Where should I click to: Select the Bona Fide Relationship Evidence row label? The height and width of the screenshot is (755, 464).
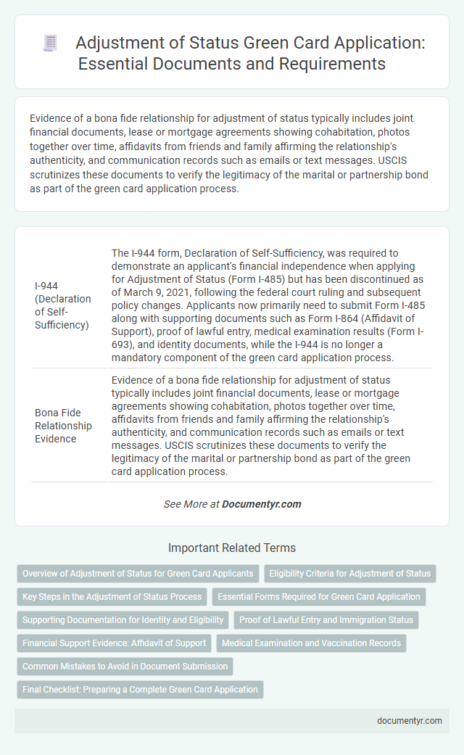click(x=63, y=426)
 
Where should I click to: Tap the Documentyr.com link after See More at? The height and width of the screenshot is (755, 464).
click(x=262, y=504)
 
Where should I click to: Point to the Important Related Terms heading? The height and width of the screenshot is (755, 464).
click(x=231, y=548)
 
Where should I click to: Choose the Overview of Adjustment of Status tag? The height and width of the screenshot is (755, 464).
click(x=138, y=573)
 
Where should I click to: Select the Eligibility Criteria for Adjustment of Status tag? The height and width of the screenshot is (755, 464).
click(x=349, y=573)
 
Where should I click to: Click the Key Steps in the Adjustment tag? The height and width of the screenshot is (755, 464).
click(x=112, y=596)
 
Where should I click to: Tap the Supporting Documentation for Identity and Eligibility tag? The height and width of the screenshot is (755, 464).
click(x=122, y=619)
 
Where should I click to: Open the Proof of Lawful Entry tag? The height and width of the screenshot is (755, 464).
click(x=326, y=619)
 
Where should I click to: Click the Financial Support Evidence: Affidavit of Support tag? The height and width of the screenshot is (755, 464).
click(x=113, y=643)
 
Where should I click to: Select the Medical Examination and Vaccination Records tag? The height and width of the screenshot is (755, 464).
click(x=311, y=643)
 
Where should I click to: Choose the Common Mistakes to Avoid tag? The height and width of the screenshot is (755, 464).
click(x=125, y=666)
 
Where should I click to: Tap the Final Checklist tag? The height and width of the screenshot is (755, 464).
click(x=140, y=689)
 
